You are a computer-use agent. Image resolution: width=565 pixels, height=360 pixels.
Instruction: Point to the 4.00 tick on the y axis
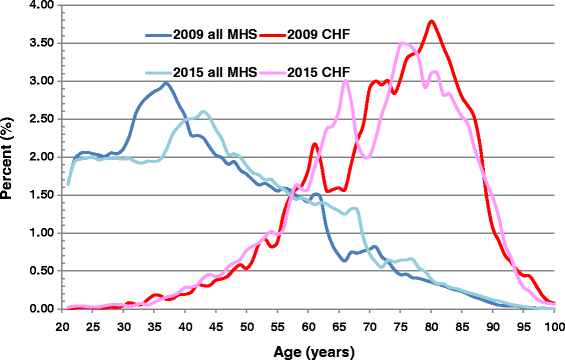pos(39,6)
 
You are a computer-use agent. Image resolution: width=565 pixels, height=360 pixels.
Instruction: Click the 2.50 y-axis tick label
pos(39,119)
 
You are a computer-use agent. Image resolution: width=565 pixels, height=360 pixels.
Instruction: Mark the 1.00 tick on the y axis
pos(39,233)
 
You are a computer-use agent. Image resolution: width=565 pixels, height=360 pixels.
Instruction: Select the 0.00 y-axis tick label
pos(39,309)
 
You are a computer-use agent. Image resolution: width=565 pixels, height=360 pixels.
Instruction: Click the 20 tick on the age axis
pos(62,326)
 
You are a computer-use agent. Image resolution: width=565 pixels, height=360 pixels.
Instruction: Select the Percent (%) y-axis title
pos(10,157)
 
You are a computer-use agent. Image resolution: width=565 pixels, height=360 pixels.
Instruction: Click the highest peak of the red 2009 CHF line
pos(431,21)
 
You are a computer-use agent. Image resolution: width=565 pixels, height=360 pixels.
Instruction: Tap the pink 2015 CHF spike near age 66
pos(345,82)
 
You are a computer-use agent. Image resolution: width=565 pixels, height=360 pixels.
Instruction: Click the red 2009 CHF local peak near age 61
pos(315,144)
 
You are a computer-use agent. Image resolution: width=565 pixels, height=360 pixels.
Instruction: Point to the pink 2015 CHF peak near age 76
pos(403,43)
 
